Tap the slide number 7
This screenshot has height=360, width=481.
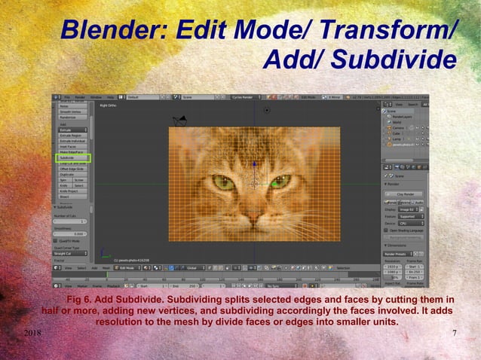454,334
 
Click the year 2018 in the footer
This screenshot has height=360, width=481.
32,334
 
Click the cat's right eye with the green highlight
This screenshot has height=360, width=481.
280,181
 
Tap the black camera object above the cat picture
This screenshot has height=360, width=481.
179,121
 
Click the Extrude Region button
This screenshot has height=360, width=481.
72,135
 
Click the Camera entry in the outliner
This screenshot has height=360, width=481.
399,128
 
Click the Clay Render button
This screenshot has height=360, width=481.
406,194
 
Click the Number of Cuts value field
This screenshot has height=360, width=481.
72,221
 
